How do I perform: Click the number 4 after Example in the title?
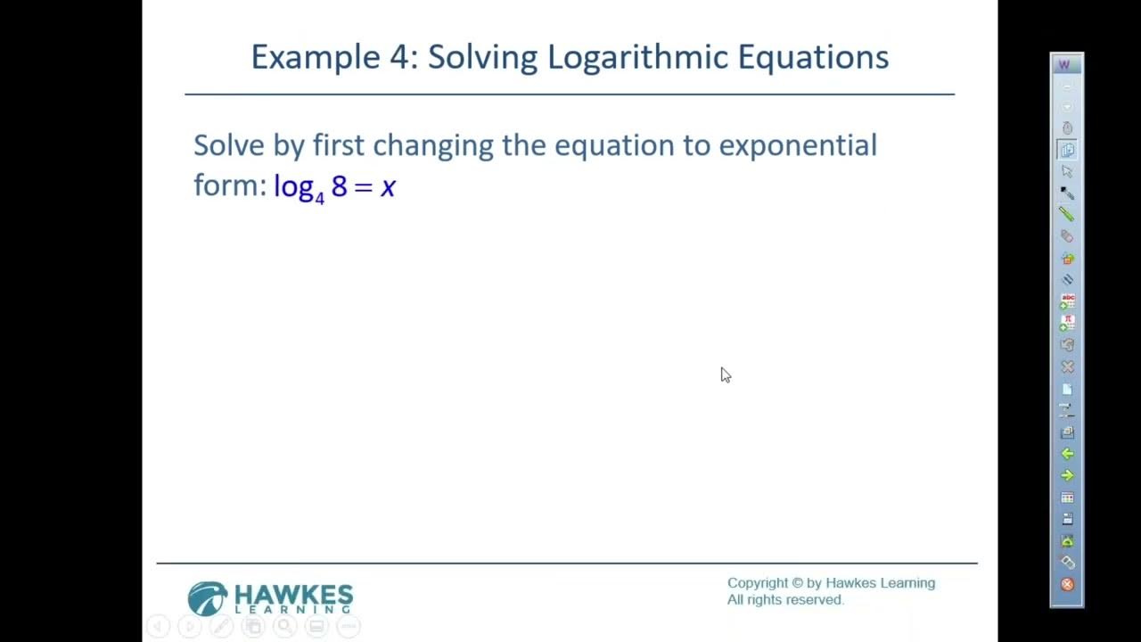(398, 58)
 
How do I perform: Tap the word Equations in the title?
(812, 58)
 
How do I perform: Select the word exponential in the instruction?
(797, 145)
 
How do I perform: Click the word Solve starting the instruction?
(229, 145)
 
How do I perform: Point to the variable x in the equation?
(388, 186)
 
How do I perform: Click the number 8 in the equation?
(339, 185)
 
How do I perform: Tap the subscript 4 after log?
(319, 195)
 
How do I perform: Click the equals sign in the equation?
(363, 186)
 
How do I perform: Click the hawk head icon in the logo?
(208, 598)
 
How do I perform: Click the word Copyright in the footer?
(758, 583)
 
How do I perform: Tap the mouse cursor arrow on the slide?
(725, 374)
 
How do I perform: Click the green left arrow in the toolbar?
(1067, 454)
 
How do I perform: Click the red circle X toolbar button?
(1067, 585)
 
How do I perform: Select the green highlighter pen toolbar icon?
(1067, 214)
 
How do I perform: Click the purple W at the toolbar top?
(1063, 65)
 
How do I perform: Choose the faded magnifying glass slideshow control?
(284, 627)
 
